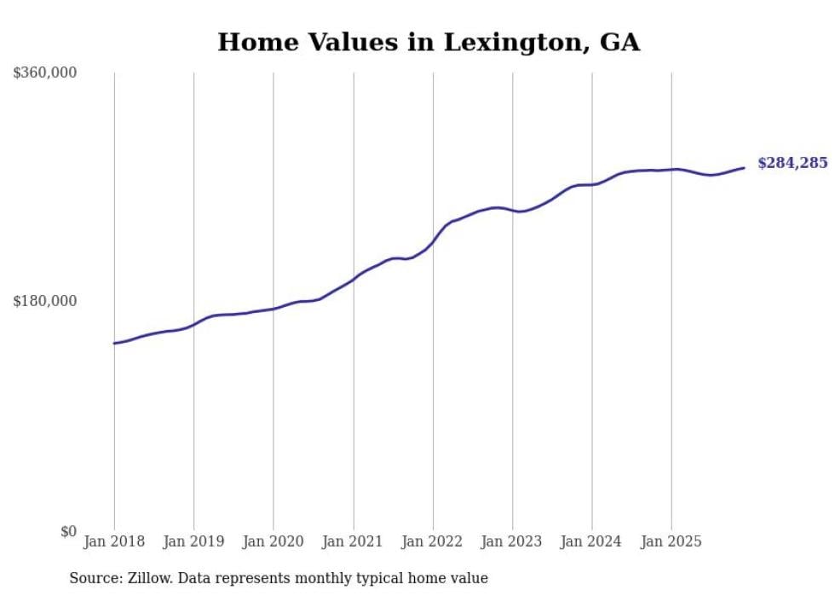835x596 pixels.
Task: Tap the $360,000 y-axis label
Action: pos(45,73)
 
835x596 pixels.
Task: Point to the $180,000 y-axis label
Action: pos(45,301)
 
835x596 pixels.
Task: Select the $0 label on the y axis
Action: pos(69,531)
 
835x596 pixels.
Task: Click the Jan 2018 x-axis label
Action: pos(114,541)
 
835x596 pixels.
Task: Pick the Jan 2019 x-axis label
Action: pos(193,541)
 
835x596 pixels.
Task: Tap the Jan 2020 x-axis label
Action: pos(274,541)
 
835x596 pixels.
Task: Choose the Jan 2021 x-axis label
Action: pos(353,541)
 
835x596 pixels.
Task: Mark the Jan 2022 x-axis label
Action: pos(433,541)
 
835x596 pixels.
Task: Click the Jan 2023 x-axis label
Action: pos(512,541)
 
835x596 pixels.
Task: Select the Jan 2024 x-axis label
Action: pos(592,541)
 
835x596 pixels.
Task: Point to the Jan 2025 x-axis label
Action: pos(671,541)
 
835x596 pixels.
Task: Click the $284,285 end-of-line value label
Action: pos(792,163)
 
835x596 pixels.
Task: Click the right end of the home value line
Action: pos(744,168)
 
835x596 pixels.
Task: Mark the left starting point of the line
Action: pos(114,344)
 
